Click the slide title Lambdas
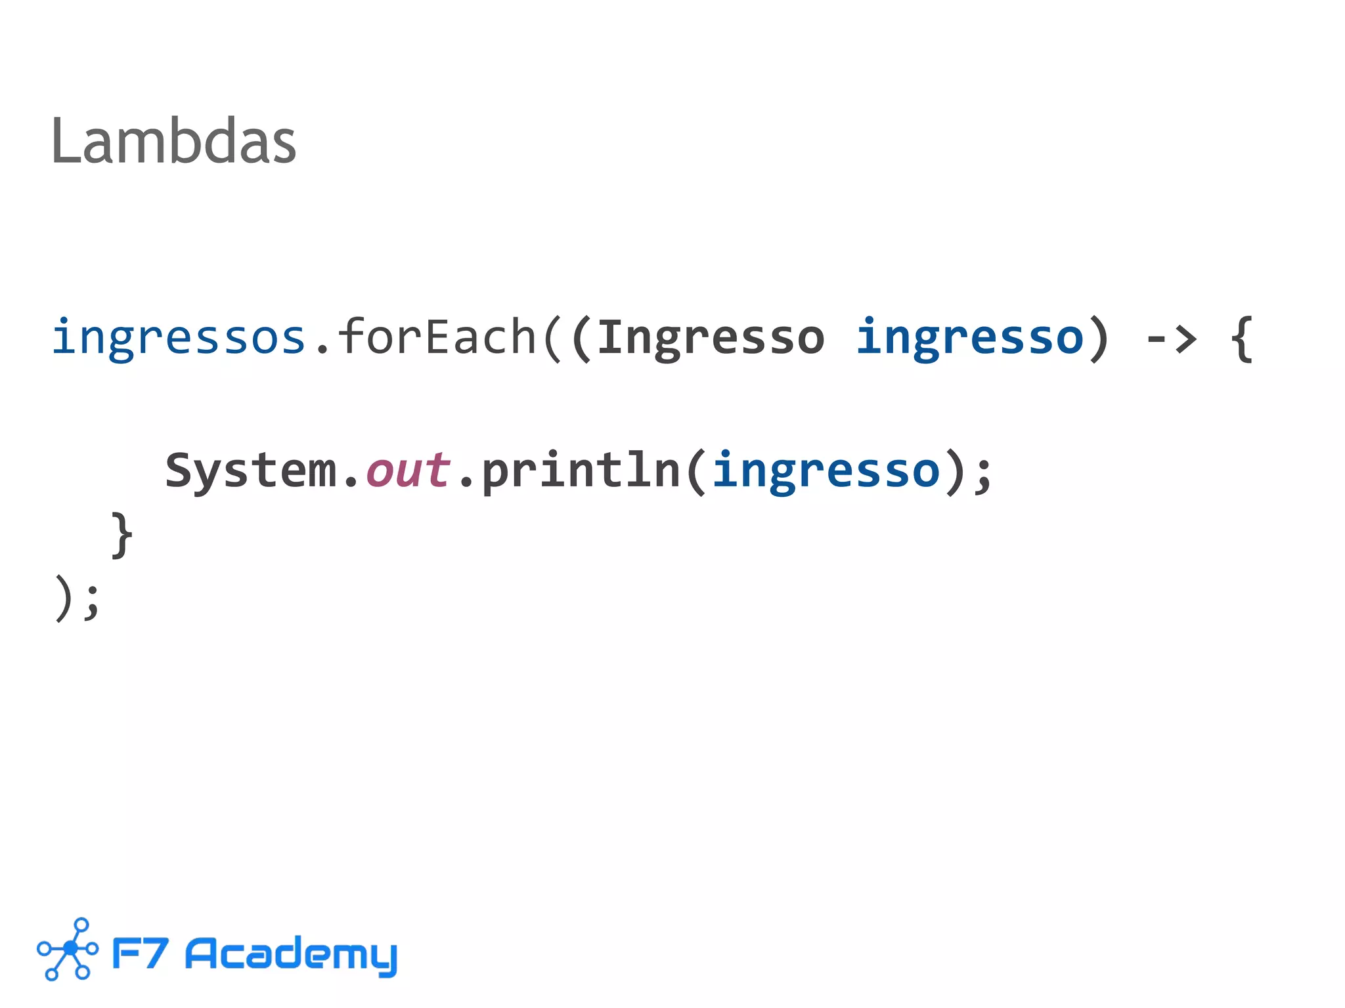click(173, 141)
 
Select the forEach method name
click(437, 337)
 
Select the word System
click(250, 471)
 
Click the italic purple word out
click(408, 471)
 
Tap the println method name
click(581, 471)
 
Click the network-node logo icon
click(68, 949)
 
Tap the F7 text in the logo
click(140, 953)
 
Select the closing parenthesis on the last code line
click(63, 598)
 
